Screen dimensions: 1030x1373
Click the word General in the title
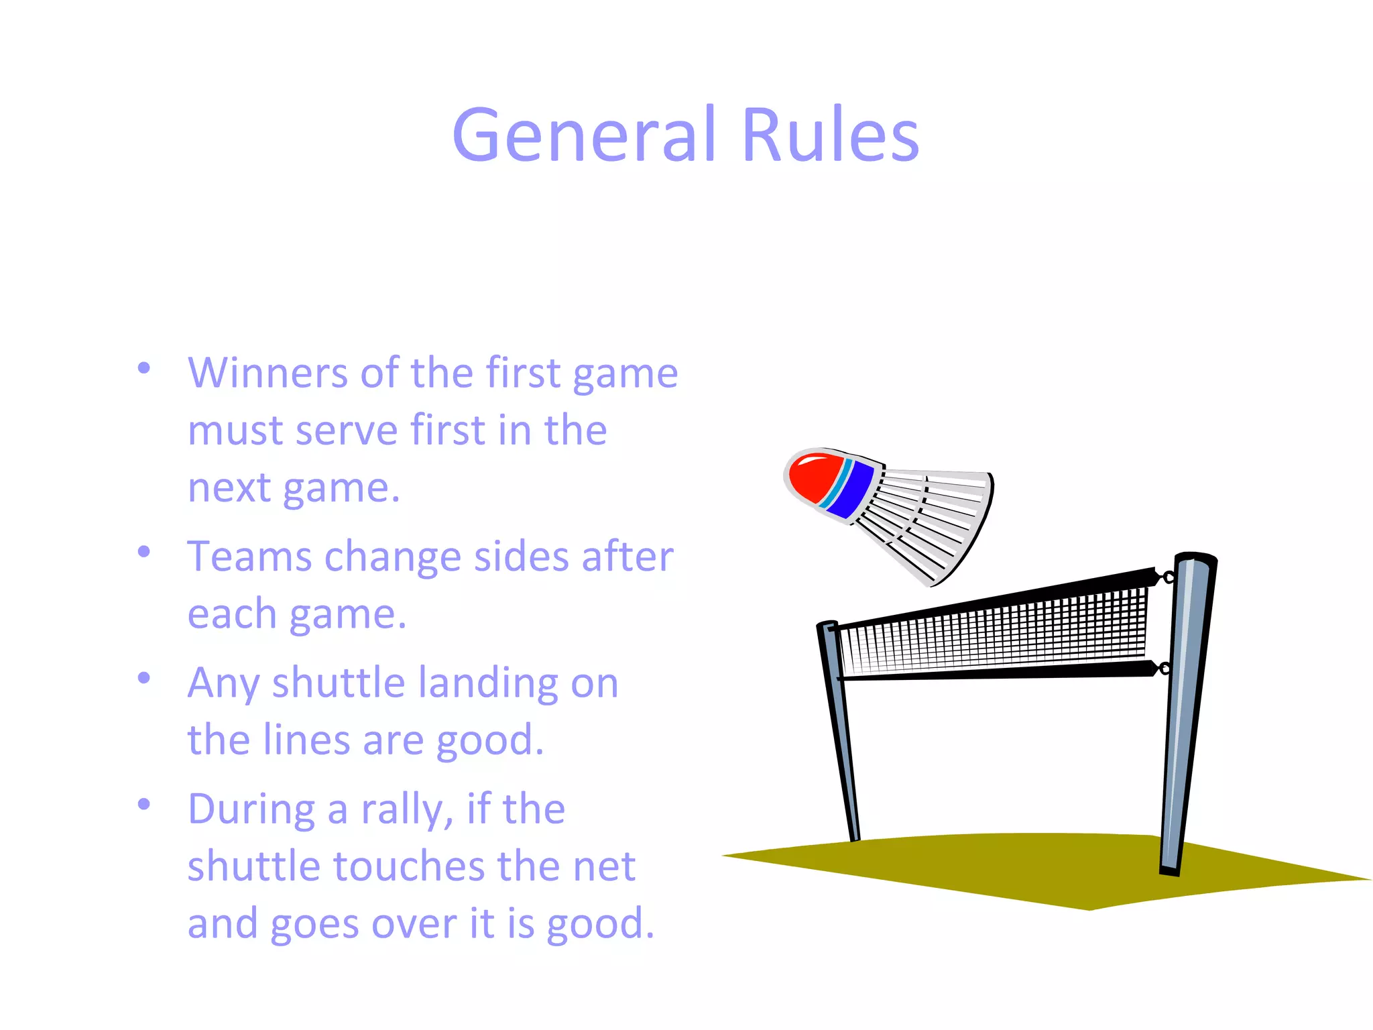(583, 135)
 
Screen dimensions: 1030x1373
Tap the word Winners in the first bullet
(267, 373)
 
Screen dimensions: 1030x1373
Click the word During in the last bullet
(251, 809)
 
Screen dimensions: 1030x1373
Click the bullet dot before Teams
(143, 552)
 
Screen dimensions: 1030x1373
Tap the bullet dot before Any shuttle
(143, 678)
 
